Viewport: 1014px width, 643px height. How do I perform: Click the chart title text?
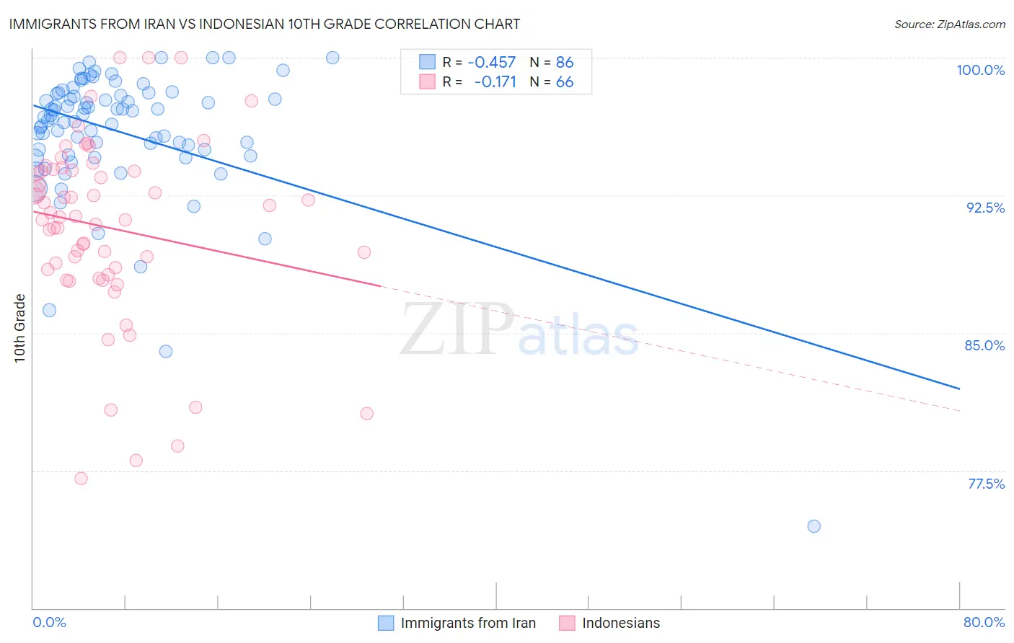265,24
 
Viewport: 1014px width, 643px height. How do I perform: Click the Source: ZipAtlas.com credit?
949,25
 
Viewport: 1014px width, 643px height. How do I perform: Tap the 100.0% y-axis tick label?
980,70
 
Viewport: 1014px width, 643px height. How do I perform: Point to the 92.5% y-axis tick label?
985,208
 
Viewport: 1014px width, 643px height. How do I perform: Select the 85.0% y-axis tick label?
984,345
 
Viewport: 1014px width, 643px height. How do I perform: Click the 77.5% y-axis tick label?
986,484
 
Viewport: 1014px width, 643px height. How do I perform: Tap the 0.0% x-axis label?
50,622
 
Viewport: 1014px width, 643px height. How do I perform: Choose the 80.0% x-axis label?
984,622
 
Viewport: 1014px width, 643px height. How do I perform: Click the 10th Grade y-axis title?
20,328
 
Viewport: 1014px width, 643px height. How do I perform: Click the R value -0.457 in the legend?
492,63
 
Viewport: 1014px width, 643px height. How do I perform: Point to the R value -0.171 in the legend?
495,82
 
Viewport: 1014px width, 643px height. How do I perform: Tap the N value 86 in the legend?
565,63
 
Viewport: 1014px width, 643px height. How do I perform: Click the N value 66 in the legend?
565,82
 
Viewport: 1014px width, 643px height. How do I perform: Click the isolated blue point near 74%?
814,526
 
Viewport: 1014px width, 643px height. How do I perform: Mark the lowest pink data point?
81,479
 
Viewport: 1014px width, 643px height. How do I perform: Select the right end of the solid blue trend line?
959,389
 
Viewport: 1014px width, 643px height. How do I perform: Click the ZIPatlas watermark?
519,329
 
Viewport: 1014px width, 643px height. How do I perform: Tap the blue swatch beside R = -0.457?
428,62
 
